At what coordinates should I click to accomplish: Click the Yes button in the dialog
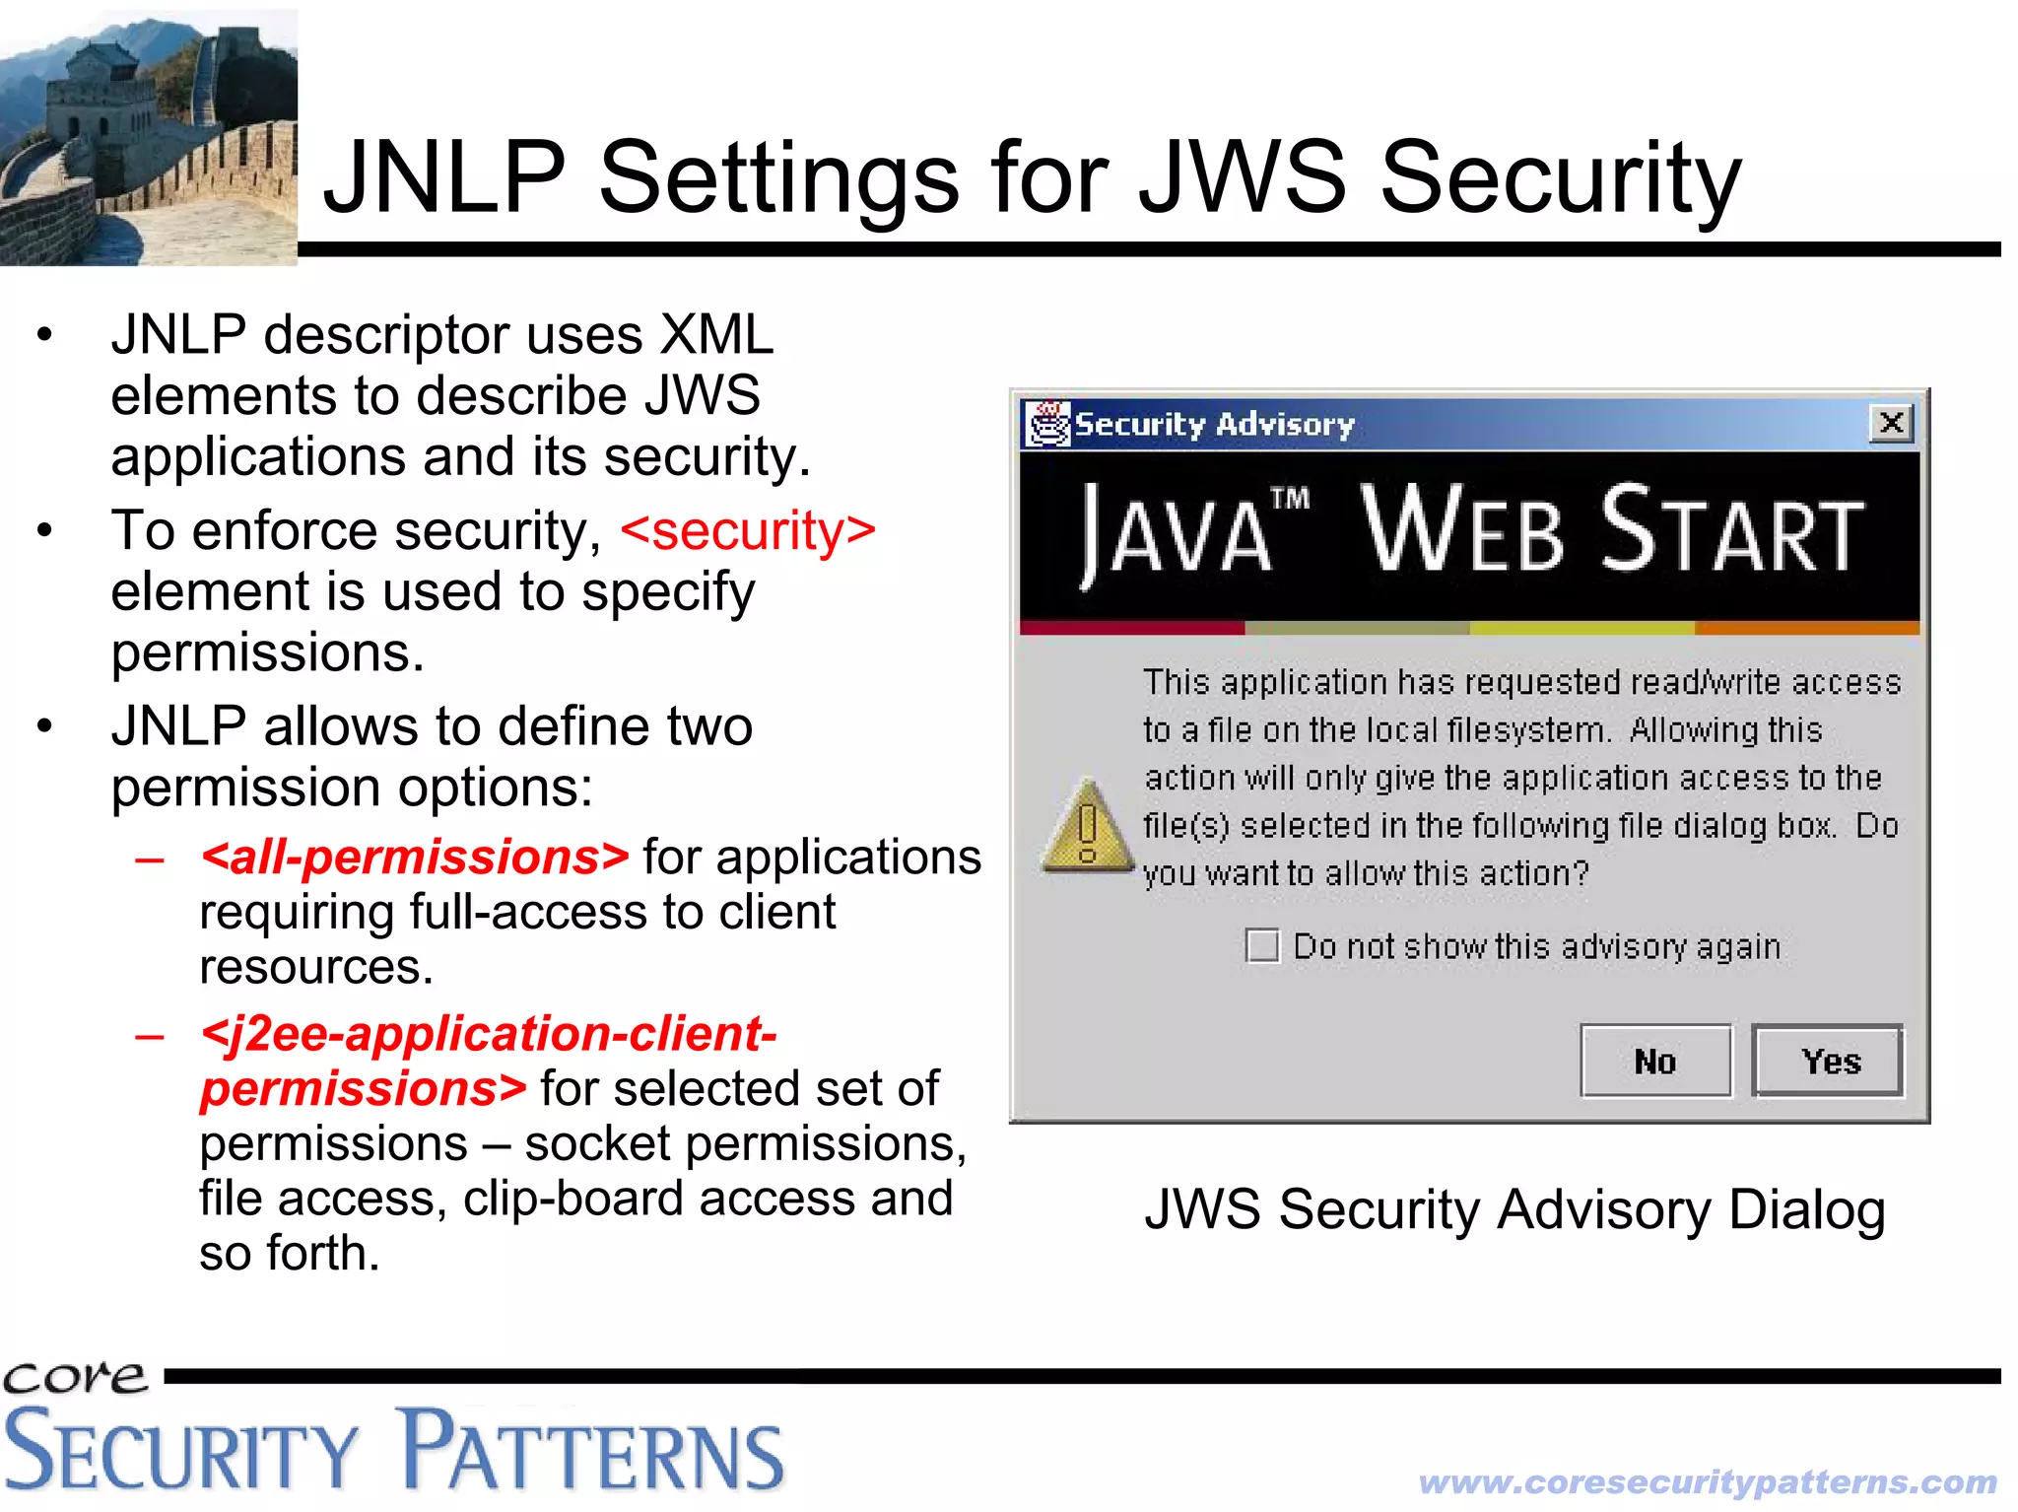click(x=1828, y=1061)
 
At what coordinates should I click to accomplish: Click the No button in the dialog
click(x=1655, y=1061)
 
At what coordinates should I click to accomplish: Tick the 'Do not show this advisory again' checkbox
click(x=1262, y=946)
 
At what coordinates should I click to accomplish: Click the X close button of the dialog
click(x=1891, y=424)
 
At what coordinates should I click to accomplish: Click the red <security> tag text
click(x=748, y=531)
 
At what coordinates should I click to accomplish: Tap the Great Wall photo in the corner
click(x=148, y=138)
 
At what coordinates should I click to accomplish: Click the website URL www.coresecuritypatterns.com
click(x=1708, y=1481)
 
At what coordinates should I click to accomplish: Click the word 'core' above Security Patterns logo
click(x=75, y=1376)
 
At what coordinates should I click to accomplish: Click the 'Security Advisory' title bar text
click(x=1215, y=425)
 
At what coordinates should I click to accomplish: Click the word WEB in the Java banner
click(x=1463, y=530)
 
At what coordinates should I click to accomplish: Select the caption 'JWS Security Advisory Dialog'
click(x=1514, y=1209)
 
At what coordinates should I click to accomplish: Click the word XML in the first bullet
click(x=716, y=335)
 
